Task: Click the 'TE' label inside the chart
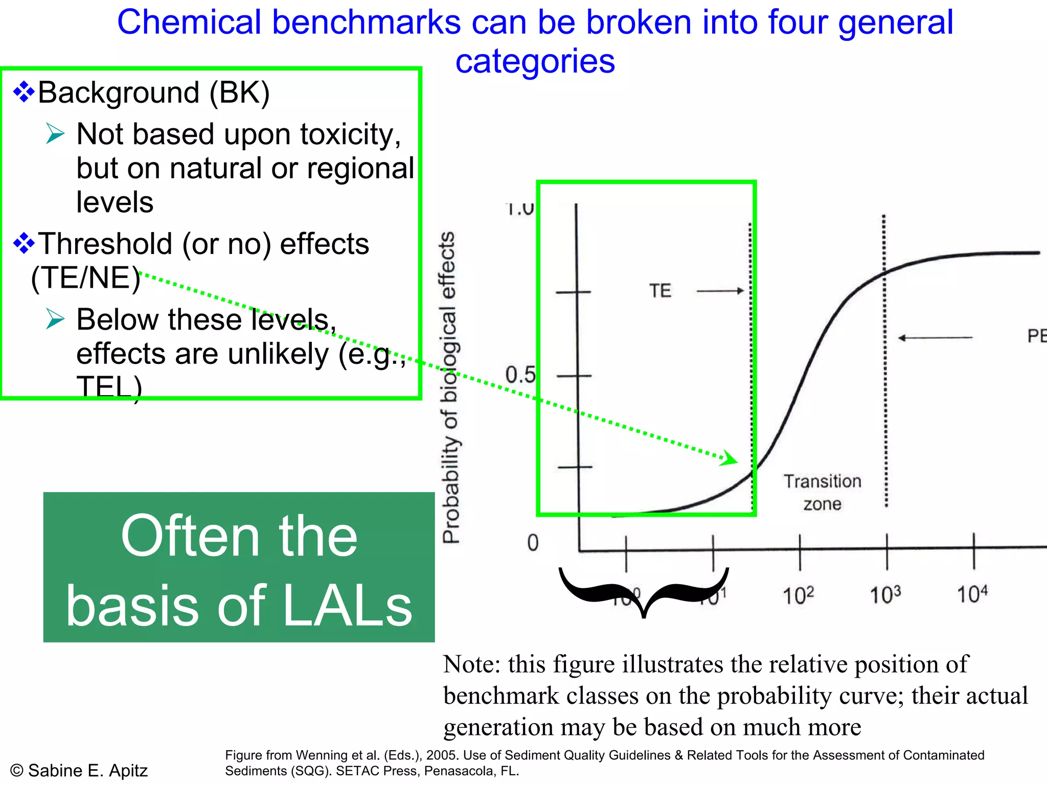660,291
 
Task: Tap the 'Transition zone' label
822,492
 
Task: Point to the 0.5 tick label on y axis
520,375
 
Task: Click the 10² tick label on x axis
799,595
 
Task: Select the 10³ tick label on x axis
885,594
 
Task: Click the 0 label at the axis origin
533,543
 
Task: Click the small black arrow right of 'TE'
720,291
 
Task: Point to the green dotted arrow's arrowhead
730,458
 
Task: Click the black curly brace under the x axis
644,593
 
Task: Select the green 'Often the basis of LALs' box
239,567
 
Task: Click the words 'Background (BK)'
153,93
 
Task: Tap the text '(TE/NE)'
85,278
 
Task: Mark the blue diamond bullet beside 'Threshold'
24,243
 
